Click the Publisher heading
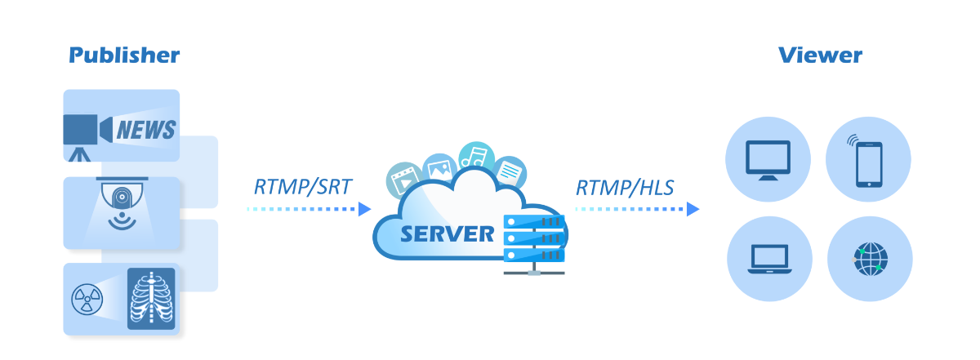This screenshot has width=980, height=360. point(124,56)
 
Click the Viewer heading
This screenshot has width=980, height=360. point(820,56)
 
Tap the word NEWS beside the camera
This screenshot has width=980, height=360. point(146,129)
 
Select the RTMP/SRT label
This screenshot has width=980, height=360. point(303,187)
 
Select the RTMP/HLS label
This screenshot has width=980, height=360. point(625,187)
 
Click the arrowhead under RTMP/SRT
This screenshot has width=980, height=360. point(366,209)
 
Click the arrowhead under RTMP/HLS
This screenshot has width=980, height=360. point(693,209)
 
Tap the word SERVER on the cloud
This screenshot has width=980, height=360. point(447,234)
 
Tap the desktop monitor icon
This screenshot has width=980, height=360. point(768,160)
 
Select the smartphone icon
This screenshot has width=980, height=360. point(868,160)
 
